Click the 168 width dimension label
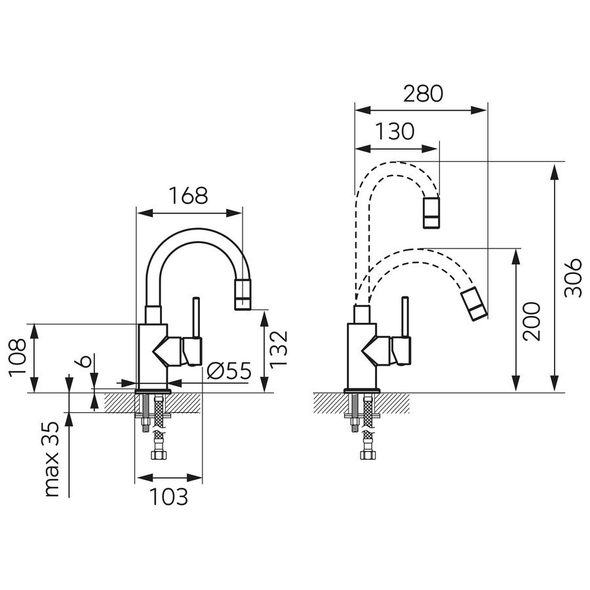[x=188, y=195]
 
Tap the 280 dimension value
[x=423, y=94]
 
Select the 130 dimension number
[x=395, y=131]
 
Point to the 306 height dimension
[x=574, y=277]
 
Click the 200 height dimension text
[x=532, y=321]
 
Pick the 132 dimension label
[x=279, y=348]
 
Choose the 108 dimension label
[x=18, y=357]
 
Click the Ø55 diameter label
[x=229, y=371]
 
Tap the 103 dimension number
[x=169, y=497]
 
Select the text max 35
[x=52, y=459]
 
